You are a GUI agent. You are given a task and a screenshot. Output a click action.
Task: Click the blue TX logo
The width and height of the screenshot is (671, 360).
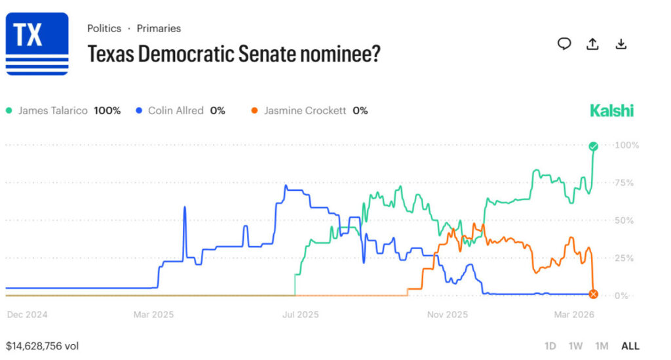tap(37, 43)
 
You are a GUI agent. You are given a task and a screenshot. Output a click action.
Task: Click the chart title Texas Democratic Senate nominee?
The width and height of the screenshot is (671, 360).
tap(234, 54)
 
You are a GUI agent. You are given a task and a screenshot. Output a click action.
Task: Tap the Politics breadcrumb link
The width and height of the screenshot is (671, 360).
tap(104, 28)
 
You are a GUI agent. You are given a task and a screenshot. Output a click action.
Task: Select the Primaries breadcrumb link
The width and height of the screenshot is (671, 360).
tap(159, 28)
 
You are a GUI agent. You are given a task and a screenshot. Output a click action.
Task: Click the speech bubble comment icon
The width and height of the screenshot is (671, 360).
tap(564, 44)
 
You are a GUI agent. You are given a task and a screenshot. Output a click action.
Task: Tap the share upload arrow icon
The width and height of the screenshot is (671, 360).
tap(592, 44)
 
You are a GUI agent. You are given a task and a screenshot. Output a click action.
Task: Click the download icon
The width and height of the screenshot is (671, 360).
tap(621, 44)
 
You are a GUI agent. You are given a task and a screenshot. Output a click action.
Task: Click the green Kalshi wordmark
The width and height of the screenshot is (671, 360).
tap(612, 111)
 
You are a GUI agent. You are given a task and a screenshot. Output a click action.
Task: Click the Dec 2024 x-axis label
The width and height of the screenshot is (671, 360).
tap(27, 315)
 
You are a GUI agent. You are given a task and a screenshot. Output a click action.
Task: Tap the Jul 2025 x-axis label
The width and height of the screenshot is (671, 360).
tap(299, 315)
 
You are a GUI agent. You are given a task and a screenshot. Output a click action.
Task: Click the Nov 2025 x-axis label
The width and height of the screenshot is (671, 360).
tap(448, 315)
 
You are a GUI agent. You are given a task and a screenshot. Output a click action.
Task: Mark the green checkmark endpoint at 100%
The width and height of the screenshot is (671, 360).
tap(593, 146)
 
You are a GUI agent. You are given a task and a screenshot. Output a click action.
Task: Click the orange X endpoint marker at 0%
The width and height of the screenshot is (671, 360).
tap(593, 294)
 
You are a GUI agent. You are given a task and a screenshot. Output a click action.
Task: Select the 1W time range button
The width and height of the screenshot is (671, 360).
tap(575, 346)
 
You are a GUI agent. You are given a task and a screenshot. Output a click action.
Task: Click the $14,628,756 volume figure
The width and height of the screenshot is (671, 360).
tap(42, 345)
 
